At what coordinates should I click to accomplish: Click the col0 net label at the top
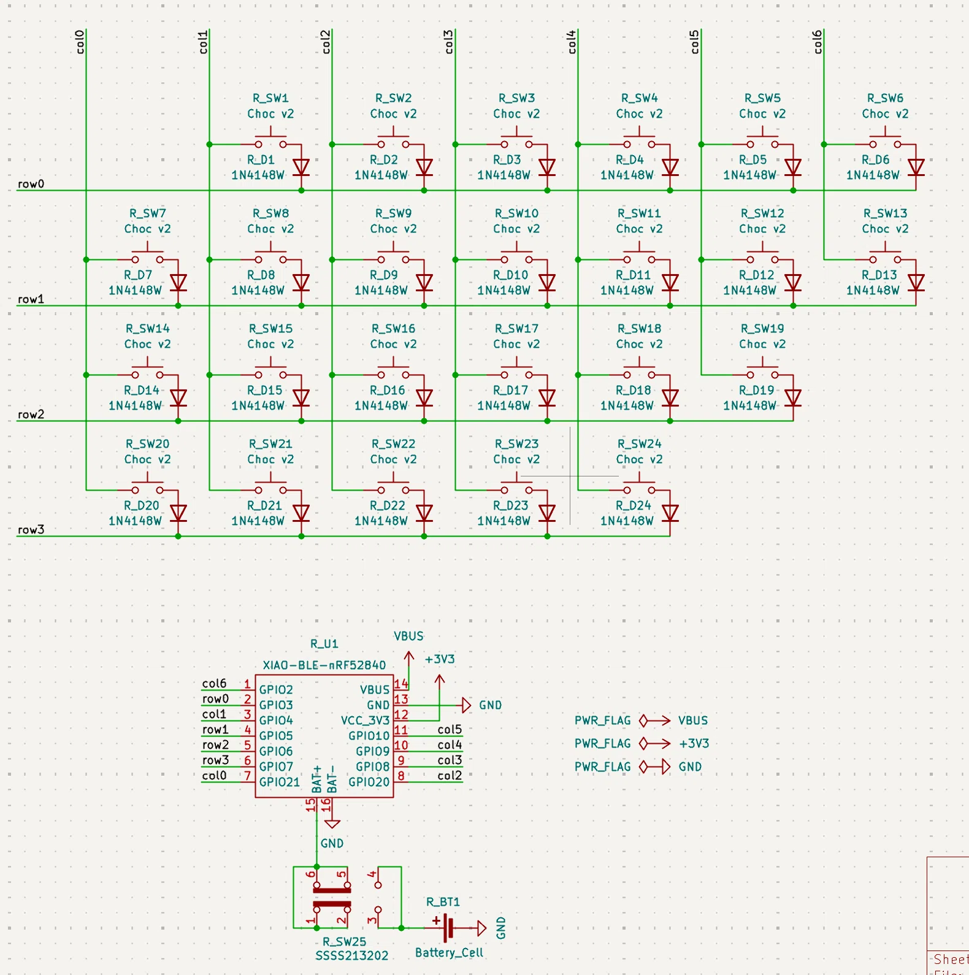[80, 42]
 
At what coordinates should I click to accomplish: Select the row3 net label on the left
[31, 530]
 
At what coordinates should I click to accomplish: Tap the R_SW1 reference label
[270, 98]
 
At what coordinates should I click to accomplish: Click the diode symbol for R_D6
[916, 167]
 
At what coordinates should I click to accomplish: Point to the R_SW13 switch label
[885, 213]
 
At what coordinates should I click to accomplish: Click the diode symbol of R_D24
[670, 513]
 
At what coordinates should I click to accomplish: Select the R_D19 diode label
[756, 390]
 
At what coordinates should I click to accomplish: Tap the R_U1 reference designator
[324, 644]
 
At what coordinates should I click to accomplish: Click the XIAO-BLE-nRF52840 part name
[324, 665]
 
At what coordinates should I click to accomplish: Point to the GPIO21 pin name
[280, 782]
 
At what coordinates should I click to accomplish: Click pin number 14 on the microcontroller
[401, 683]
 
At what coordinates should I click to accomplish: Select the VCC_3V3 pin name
[365, 721]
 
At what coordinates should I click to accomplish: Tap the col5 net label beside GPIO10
[450, 730]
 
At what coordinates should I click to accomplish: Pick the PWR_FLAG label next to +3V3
[602, 744]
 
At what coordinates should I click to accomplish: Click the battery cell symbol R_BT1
[449, 928]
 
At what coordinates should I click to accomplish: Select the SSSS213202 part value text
[352, 956]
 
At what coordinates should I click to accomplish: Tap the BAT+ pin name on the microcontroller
[317, 779]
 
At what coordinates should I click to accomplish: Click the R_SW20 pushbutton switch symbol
[148, 484]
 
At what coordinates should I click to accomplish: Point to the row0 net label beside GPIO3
[215, 699]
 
